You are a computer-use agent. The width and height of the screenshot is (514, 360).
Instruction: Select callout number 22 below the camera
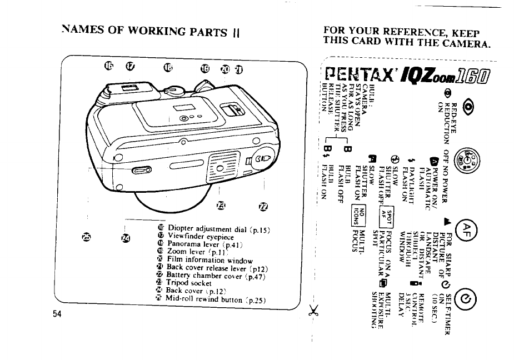click(x=263, y=207)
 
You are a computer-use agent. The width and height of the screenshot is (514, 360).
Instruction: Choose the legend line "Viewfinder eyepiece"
click(x=201, y=236)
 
